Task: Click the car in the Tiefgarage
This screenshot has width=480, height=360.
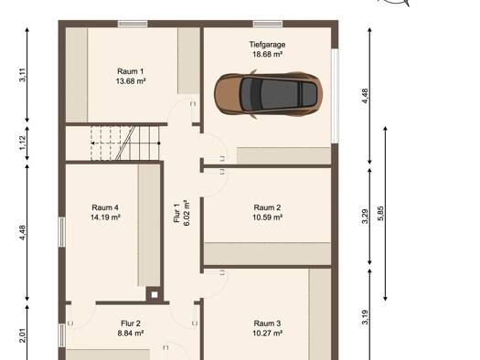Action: click(268, 94)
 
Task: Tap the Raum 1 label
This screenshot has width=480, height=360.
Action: click(131, 71)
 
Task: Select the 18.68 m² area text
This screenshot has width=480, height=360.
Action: click(267, 55)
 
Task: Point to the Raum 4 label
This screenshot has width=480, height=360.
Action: click(105, 207)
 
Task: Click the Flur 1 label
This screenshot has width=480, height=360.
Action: click(176, 213)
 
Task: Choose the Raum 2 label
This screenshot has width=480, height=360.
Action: click(267, 207)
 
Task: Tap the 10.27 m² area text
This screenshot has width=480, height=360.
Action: click(267, 333)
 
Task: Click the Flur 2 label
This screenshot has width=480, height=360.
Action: click(131, 323)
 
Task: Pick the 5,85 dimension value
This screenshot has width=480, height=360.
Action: click(380, 213)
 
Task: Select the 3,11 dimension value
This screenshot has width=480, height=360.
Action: click(23, 75)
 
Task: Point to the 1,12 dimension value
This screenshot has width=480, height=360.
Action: click(23, 143)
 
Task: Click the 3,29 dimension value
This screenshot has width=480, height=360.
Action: click(365, 217)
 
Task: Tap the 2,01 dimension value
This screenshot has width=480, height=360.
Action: click(23, 335)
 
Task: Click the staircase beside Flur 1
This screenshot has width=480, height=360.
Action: click(125, 143)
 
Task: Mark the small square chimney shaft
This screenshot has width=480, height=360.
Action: click(155, 295)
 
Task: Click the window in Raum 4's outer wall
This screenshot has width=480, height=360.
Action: click(62, 232)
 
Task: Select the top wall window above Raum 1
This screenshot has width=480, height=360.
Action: click(133, 24)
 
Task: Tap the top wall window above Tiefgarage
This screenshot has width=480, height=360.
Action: click(268, 24)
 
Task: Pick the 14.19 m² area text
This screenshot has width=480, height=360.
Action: click(105, 217)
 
